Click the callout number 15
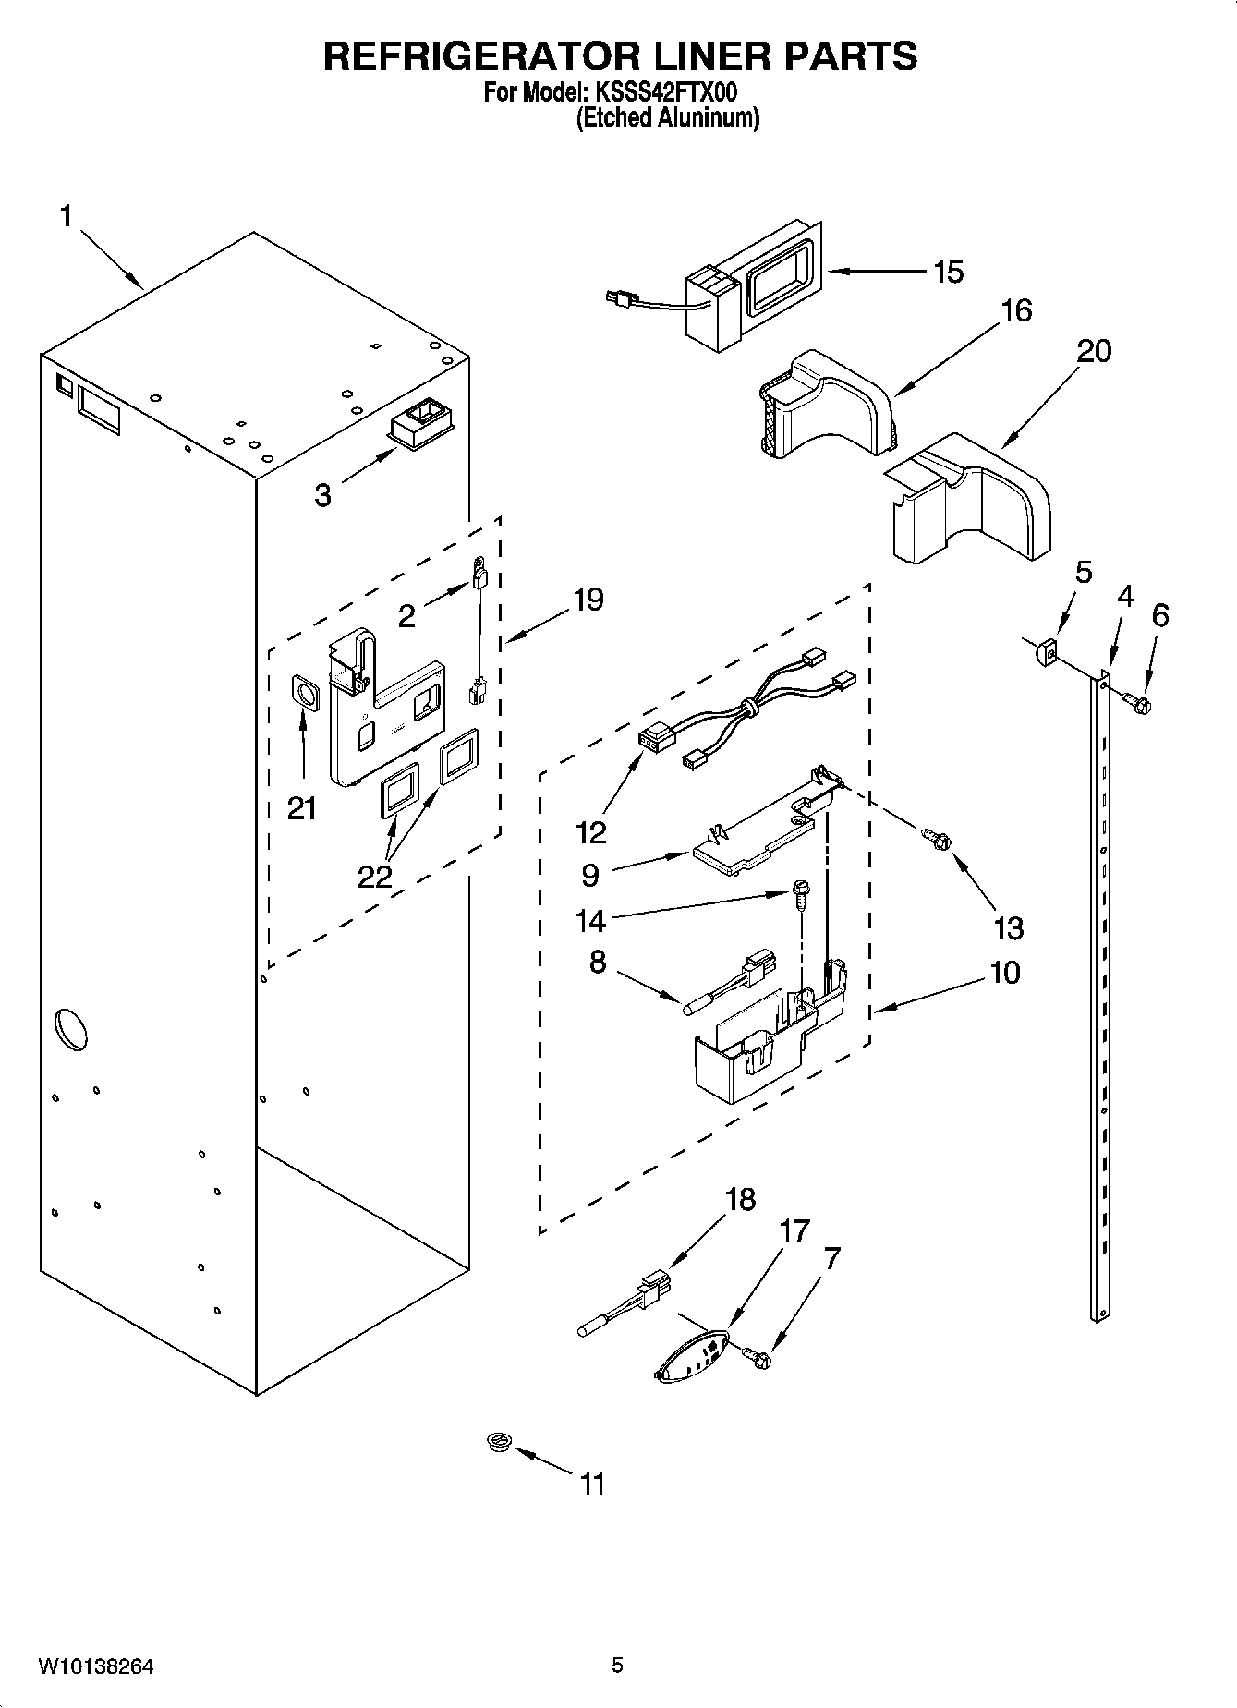(x=948, y=273)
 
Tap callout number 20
(x=1094, y=352)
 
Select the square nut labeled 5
(x=1047, y=654)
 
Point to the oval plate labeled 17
(x=691, y=1357)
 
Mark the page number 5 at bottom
(x=617, y=1666)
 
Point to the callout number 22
(x=374, y=876)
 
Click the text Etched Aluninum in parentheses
(x=667, y=118)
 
